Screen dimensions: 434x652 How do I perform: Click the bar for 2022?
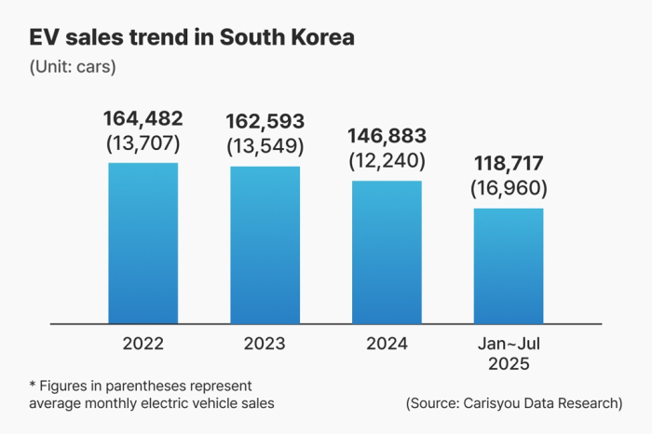pyautogui.click(x=143, y=243)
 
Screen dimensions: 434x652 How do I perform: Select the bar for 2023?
pyautogui.click(x=265, y=245)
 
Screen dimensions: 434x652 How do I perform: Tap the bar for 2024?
pyautogui.click(x=387, y=252)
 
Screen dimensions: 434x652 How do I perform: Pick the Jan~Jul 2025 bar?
pyautogui.click(x=508, y=266)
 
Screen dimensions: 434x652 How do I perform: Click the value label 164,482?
pyautogui.click(x=143, y=119)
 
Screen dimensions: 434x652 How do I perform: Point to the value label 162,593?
pyautogui.click(x=265, y=121)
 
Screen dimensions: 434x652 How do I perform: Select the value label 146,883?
pyautogui.click(x=387, y=136)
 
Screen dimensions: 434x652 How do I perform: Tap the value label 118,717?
pyautogui.click(x=508, y=165)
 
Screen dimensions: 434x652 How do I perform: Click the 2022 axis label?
pyautogui.click(x=143, y=344)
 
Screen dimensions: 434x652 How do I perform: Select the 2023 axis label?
pyautogui.click(x=265, y=344)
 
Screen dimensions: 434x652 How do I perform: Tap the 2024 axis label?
pyautogui.click(x=387, y=344)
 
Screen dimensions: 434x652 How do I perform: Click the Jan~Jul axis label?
pyautogui.click(x=508, y=344)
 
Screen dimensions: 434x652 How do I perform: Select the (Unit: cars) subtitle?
pyautogui.click(x=73, y=67)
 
